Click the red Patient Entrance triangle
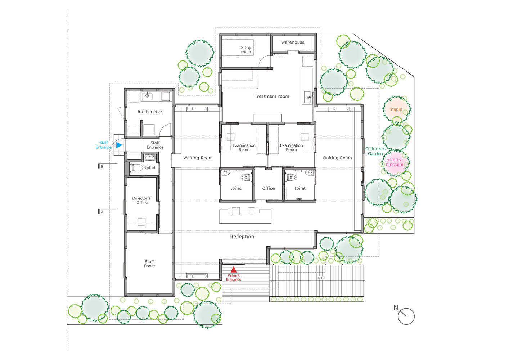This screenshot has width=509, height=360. pos(234,270)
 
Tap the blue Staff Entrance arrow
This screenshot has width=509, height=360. pos(119,145)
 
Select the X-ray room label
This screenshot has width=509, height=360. pos(246,50)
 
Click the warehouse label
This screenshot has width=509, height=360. pos(293,42)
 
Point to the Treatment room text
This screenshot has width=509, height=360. pos(272,96)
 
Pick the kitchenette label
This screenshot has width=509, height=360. pos(150,112)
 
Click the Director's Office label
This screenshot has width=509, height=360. pos(141,201)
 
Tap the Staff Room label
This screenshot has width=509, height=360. pos(149,264)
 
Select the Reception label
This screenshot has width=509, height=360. pos(242,237)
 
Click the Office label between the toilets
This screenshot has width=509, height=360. pos(269,188)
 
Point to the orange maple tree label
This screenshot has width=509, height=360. pos(396,109)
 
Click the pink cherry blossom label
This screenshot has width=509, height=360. pos(395,162)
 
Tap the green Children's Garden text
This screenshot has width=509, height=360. pos(375,151)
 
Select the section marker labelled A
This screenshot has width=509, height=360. pos(101,212)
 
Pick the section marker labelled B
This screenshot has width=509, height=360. pos(101,167)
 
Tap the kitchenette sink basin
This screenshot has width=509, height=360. pos(147,96)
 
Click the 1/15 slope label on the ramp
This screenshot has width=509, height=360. pos(321,278)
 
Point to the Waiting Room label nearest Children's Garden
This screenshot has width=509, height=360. pos(337,158)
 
